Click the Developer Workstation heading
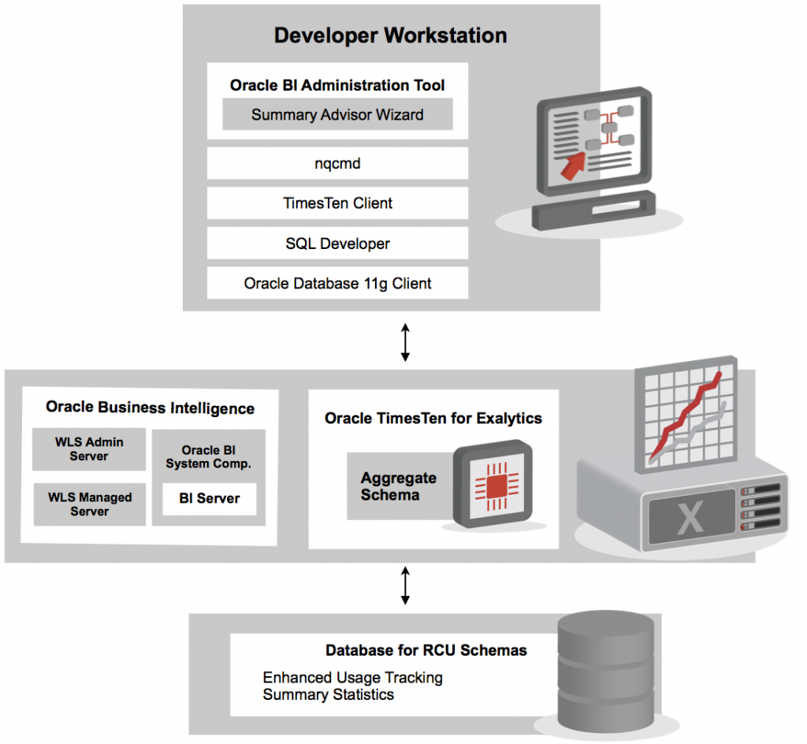pos(390,35)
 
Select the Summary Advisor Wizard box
pos(337,114)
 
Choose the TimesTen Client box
pos(337,203)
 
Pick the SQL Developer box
pos(337,244)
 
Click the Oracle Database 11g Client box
pos(337,284)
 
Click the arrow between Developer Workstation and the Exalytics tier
pos(405,340)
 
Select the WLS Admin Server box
pos(89,449)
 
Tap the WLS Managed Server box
pos(89,504)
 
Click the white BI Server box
pos(209,498)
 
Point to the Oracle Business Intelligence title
pos(150,407)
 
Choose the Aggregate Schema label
pos(399,486)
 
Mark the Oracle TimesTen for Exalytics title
pos(433,418)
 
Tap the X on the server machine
pos(690,519)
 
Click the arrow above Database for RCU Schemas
pos(405,584)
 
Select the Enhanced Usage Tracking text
pos(352,678)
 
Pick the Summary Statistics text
pos(328,694)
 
